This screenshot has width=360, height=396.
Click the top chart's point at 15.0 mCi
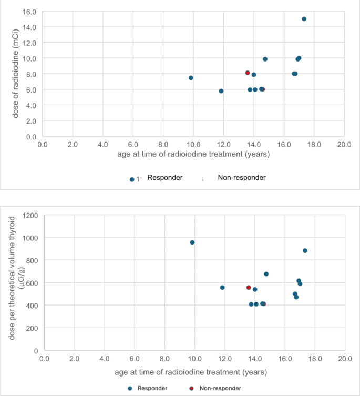(304, 19)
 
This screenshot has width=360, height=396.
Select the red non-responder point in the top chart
(248, 73)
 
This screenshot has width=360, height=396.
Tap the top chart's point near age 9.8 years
(191, 78)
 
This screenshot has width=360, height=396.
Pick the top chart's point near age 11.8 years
(221, 91)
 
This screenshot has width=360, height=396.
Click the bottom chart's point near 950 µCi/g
(192, 242)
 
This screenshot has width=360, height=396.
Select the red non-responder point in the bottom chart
(249, 288)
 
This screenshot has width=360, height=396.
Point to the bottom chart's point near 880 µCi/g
(305, 251)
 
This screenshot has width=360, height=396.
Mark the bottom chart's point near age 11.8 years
(222, 288)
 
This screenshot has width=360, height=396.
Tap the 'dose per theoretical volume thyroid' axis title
(12, 282)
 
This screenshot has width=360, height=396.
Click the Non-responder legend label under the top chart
(241, 178)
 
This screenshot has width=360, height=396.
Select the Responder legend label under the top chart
(164, 178)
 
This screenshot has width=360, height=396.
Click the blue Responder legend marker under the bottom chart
(130, 388)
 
